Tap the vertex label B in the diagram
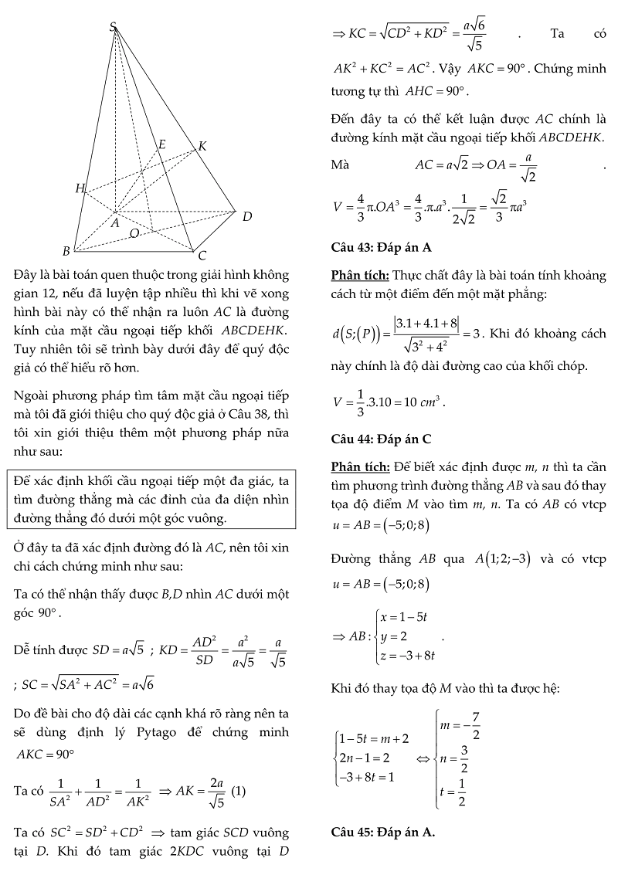point(66,251)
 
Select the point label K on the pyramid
point(202,146)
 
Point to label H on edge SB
point(80,188)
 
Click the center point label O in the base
point(134,233)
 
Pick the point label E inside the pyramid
point(162,144)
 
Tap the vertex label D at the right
point(247,217)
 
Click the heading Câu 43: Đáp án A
point(381,248)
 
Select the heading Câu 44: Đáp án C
point(381,439)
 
